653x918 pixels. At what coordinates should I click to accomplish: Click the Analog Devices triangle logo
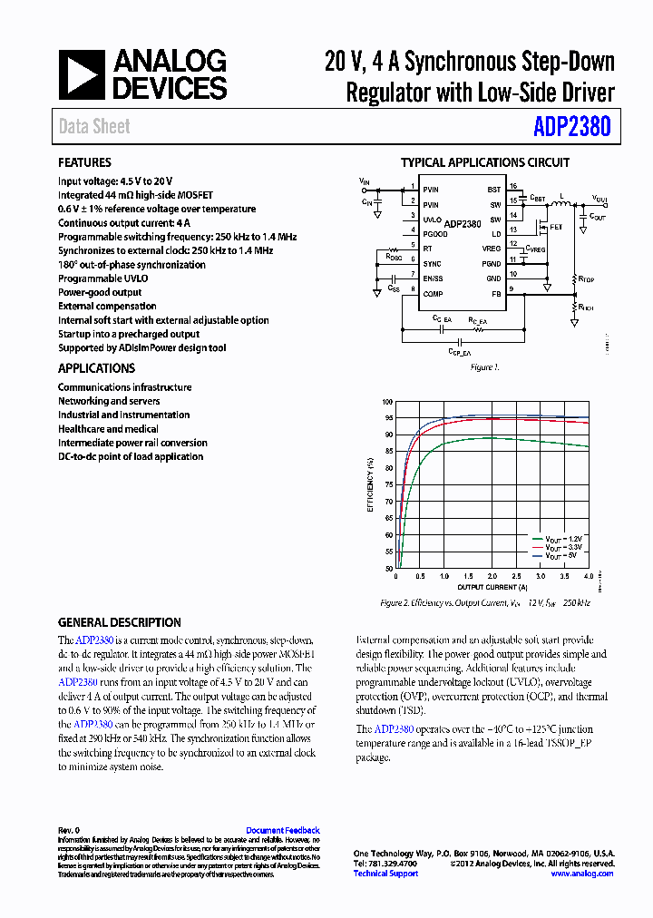(x=83, y=74)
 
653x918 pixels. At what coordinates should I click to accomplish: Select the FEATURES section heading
(x=84, y=163)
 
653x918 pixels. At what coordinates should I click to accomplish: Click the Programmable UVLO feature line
(x=102, y=278)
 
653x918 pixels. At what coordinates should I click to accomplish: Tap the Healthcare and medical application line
(x=108, y=429)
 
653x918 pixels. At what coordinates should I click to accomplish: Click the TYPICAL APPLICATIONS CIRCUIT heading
(x=485, y=163)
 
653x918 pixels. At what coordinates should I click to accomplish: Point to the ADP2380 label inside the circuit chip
(x=463, y=223)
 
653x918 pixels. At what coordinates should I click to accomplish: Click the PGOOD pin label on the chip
(x=434, y=233)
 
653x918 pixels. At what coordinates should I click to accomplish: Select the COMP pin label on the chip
(x=433, y=294)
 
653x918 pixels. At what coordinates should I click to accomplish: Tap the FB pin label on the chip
(x=495, y=294)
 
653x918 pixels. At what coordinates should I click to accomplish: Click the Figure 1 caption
(x=484, y=367)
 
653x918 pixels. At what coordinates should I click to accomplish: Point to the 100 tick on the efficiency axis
(x=387, y=402)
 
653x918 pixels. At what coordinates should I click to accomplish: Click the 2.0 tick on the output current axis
(x=492, y=577)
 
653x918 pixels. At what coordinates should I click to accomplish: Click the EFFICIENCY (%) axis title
(x=370, y=484)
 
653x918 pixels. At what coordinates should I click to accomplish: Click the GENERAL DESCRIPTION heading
(x=120, y=623)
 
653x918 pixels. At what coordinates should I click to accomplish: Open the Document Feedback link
(x=282, y=830)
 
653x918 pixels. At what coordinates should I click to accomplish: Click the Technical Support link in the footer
(x=385, y=874)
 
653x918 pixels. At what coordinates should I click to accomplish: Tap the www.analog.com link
(x=581, y=874)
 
